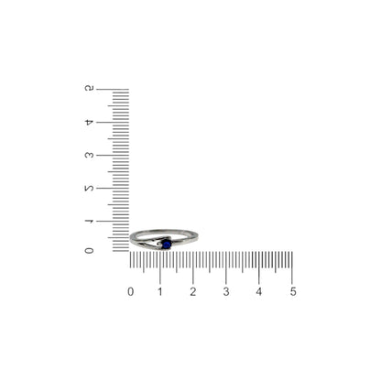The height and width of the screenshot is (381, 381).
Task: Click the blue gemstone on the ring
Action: [167, 245]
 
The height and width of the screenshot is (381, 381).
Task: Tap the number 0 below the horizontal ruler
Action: [131, 292]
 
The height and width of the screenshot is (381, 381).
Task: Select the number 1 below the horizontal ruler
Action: [160, 292]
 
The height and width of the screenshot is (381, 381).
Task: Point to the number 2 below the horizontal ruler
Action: [193, 292]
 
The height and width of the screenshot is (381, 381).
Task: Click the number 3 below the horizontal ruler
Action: [226, 292]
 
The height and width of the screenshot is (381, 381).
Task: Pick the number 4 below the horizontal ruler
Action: [259, 292]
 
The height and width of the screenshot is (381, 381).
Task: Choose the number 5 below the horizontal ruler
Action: [293, 292]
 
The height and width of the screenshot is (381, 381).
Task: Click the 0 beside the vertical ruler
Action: [89, 251]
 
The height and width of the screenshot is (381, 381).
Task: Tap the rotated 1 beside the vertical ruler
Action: [89, 221]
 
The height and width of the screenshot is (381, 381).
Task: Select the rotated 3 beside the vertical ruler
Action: [89, 155]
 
